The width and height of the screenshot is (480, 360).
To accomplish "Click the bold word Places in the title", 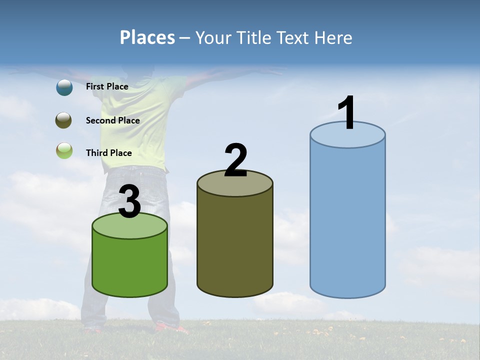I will (147, 37).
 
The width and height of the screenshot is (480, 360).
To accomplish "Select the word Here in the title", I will (334, 37).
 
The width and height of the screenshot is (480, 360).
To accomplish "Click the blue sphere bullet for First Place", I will (64, 87).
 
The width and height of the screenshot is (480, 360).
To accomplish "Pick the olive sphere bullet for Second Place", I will (64, 120).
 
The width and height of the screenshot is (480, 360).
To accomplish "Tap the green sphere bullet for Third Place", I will (64, 150).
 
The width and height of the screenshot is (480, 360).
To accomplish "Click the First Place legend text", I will (107, 86).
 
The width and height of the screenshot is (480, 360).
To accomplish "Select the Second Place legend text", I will (112, 120).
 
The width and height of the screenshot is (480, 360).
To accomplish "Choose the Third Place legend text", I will (108, 153).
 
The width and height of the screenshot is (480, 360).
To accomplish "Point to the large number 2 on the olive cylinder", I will (235, 160).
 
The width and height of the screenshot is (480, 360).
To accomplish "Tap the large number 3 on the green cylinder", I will (129, 201).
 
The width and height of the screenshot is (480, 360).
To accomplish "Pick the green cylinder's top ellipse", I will (129, 226).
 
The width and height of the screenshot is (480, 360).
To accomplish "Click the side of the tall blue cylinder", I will (347, 220).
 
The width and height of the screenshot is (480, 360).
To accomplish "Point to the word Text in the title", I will (296, 37).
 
